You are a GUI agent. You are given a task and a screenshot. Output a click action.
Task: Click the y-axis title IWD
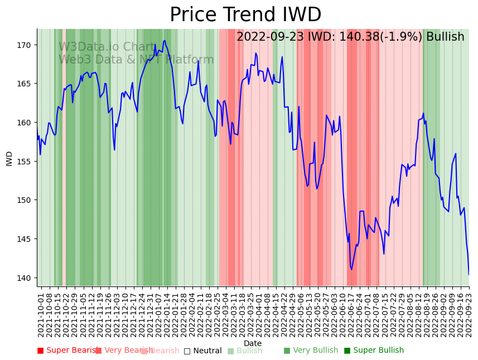[9, 158]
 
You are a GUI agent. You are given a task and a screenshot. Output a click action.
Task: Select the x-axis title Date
[253, 343]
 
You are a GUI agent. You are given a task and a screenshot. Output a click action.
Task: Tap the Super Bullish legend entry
[374, 351]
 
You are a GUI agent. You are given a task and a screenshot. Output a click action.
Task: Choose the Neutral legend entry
[203, 351]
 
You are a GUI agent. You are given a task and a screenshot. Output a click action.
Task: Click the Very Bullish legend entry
[311, 351]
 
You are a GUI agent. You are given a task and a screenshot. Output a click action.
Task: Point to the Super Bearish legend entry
[67, 351]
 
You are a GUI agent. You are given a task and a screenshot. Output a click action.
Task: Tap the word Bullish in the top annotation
[445, 37]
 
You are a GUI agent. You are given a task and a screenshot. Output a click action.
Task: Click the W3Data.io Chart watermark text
[107, 47]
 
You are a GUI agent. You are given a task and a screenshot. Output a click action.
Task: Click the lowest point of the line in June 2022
[351, 270]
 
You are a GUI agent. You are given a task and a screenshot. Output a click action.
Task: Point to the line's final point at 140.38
[469, 274]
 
